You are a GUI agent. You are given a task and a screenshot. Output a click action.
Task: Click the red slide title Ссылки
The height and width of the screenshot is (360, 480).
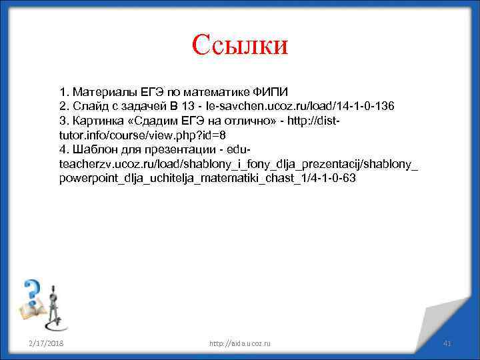click(239, 45)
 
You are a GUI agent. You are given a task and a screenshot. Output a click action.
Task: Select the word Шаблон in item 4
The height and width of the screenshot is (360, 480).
click(93, 149)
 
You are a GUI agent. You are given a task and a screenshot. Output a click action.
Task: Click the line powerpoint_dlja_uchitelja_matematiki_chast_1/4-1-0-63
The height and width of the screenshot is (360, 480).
click(207, 179)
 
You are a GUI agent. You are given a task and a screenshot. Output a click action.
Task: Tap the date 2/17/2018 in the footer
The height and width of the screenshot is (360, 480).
click(46, 343)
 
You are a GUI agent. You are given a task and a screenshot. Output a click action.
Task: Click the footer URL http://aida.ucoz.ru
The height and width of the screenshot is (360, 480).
click(240, 343)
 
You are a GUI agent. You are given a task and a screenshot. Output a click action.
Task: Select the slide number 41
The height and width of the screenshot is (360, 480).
click(448, 343)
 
